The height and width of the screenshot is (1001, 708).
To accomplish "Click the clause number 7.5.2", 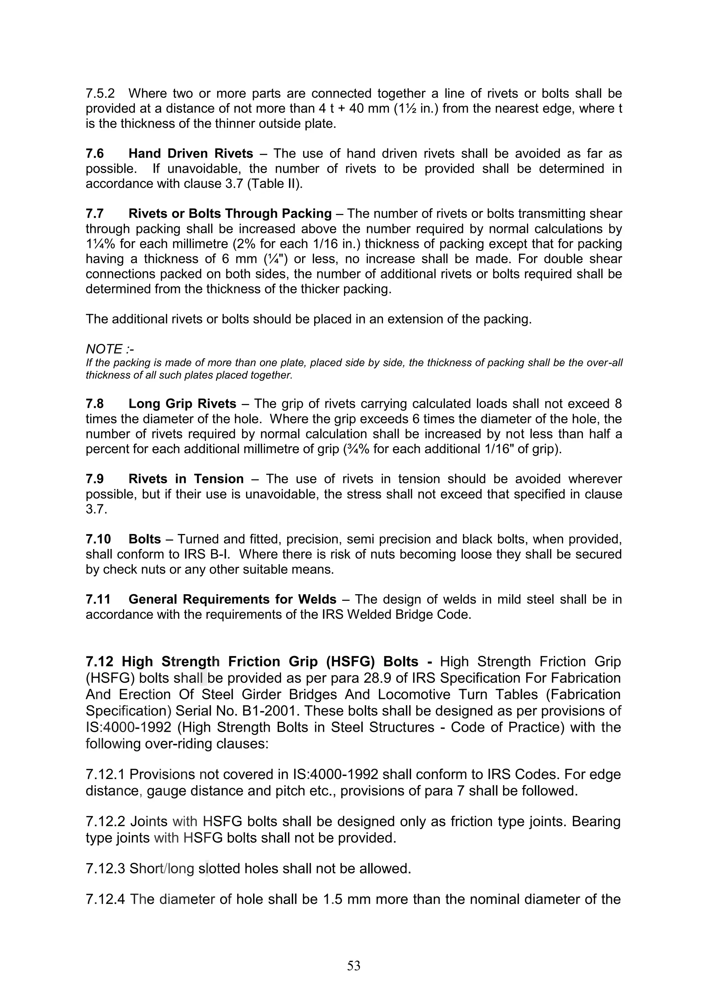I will tap(100, 94).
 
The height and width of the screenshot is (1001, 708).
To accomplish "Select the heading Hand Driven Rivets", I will tap(190, 153).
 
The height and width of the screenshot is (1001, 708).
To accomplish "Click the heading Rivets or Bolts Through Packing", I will tap(230, 214).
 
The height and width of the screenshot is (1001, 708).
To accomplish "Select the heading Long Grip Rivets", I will tap(182, 404).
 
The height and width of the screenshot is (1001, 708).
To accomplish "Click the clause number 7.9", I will tap(95, 479).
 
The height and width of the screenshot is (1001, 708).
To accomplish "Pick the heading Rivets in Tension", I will tap(186, 479).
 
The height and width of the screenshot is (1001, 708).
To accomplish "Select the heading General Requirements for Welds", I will tap(232, 599).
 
